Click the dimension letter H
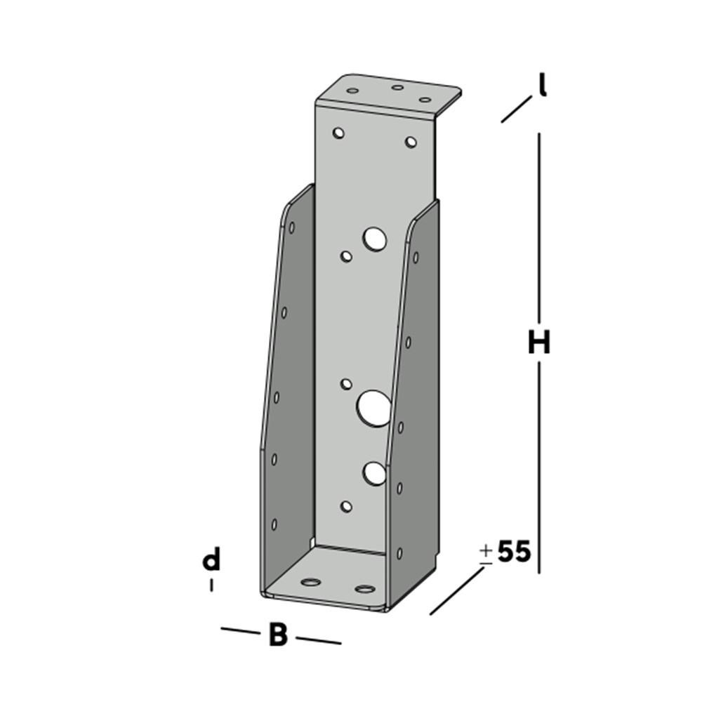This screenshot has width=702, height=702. (x=539, y=343)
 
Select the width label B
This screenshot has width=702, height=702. (x=278, y=635)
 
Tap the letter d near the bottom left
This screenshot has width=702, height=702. (x=211, y=561)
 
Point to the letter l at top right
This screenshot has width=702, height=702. (x=542, y=85)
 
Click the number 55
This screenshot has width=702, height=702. (x=514, y=552)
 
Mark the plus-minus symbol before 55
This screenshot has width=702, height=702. (x=486, y=553)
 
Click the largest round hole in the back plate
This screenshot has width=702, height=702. (x=374, y=408)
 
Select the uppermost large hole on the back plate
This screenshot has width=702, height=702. (x=376, y=239)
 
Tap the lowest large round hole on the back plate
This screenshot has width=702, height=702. (x=375, y=474)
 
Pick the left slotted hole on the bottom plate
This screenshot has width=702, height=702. (x=310, y=582)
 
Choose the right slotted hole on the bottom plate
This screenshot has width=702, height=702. (x=364, y=588)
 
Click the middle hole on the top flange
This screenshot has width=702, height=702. (x=397, y=88)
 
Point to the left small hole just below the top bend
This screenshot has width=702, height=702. (x=339, y=132)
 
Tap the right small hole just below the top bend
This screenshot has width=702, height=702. (x=411, y=143)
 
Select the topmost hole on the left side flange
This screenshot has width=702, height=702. (x=291, y=227)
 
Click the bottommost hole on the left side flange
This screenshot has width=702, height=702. (x=274, y=524)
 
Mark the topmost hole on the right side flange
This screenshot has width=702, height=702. (x=416, y=258)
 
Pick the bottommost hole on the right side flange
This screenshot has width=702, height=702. (x=399, y=552)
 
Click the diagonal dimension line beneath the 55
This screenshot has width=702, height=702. (x=457, y=590)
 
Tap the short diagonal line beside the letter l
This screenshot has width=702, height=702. (x=516, y=110)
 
